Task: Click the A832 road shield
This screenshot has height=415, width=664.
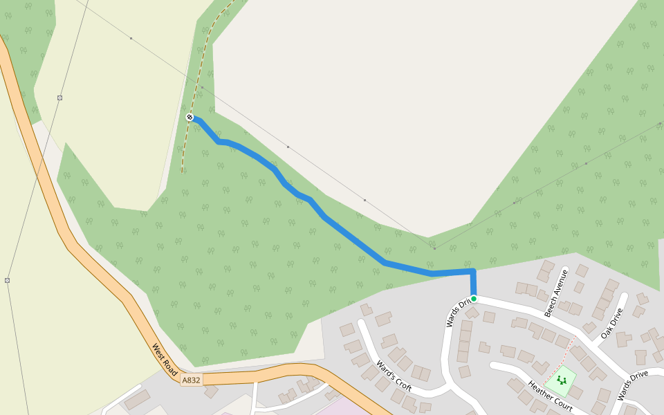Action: click(x=192, y=380)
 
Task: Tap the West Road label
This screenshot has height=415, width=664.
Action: click(x=165, y=360)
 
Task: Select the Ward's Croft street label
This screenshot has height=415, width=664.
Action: click(x=394, y=375)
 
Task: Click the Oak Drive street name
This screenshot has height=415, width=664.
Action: click(x=611, y=322)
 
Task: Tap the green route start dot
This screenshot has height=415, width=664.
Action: click(x=474, y=299)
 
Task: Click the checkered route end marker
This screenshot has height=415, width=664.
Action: click(x=190, y=118)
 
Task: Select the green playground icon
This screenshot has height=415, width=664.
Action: click(x=561, y=379)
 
